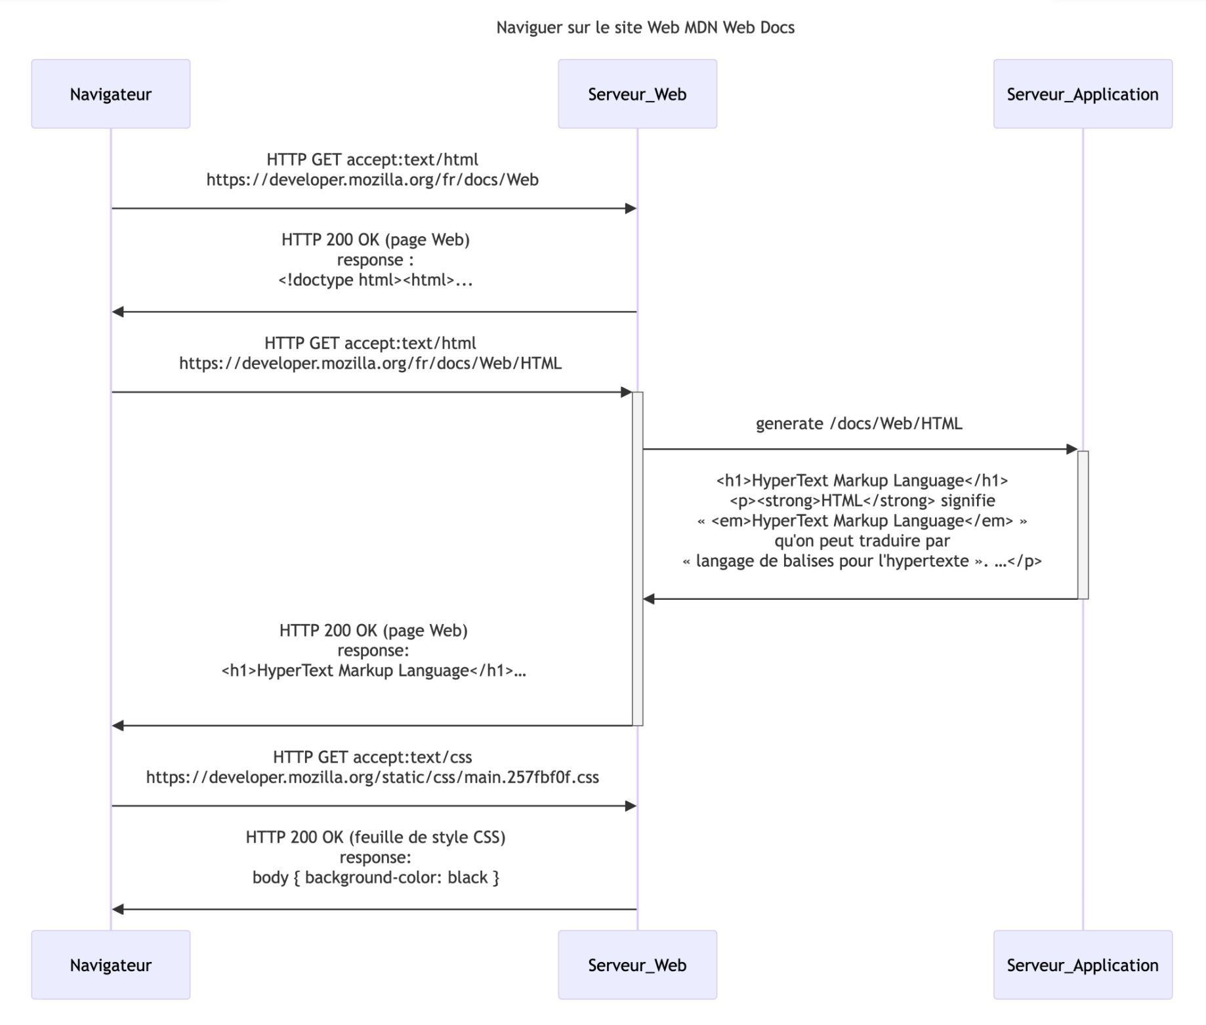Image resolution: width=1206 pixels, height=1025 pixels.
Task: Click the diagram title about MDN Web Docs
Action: click(x=645, y=28)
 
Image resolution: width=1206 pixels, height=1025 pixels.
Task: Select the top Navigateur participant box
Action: click(x=111, y=94)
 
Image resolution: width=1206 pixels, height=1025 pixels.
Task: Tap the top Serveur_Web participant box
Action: click(x=637, y=94)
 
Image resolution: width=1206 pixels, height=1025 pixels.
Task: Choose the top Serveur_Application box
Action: click(x=1083, y=94)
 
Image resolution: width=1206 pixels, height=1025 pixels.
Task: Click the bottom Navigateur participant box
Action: click(x=111, y=965)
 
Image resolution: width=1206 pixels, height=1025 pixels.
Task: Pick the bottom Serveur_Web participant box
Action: click(x=637, y=965)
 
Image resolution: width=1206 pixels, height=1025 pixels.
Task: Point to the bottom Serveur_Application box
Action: click(x=1083, y=965)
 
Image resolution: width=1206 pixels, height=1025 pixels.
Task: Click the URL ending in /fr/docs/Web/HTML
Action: click(x=370, y=363)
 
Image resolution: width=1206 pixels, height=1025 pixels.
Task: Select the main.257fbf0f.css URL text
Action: click(x=372, y=777)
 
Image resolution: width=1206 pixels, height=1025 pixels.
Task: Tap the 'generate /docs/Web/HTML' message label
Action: click(x=859, y=423)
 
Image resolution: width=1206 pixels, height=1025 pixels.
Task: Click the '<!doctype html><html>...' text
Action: click(x=375, y=280)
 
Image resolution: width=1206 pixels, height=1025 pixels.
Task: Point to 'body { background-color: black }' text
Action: click(x=375, y=877)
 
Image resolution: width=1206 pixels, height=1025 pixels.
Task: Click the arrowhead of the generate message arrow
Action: click(x=1072, y=449)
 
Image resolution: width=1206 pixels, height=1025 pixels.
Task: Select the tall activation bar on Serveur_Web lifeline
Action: click(x=637, y=558)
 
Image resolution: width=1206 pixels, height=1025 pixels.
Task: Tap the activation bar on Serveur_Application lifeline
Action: click(x=1083, y=525)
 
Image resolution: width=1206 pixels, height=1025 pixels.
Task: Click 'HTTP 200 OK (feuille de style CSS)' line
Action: click(x=375, y=837)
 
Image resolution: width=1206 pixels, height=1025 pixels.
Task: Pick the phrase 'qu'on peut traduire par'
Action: click(x=862, y=541)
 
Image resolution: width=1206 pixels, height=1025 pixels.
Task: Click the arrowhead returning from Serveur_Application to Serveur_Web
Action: click(x=649, y=598)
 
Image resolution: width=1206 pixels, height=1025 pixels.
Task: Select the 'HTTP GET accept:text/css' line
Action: click(x=372, y=757)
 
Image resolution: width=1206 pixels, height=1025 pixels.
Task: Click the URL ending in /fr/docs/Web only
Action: click(x=372, y=179)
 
